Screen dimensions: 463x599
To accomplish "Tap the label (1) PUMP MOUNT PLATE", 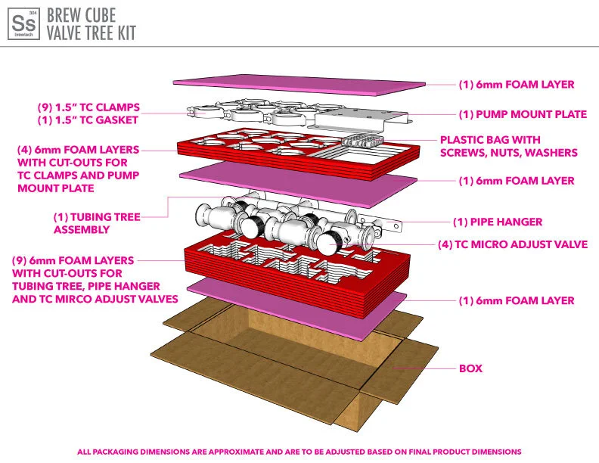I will (x=523, y=114).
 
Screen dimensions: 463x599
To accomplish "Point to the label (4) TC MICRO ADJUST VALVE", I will (x=513, y=244).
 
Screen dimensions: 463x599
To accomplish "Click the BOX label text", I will (x=470, y=368).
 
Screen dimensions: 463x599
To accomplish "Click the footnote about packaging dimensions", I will (x=299, y=452).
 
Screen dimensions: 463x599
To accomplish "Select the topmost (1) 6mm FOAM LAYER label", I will (x=517, y=85).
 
